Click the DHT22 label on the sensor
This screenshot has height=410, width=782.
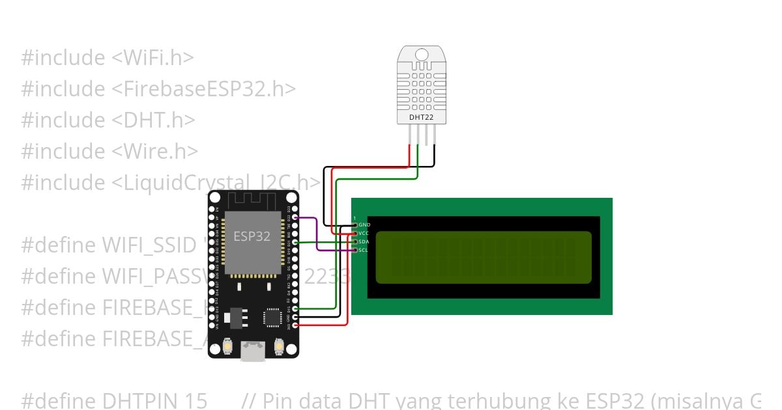(x=422, y=118)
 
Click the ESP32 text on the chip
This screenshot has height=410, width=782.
(x=252, y=236)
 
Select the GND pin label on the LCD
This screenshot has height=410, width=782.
(x=364, y=225)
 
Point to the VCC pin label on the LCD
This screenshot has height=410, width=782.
(x=364, y=233)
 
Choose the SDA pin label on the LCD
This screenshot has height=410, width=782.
(x=364, y=241)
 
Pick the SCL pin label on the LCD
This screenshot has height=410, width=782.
(x=364, y=250)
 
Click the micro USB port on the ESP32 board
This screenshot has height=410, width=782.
(x=253, y=351)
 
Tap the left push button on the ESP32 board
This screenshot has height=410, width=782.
(x=228, y=346)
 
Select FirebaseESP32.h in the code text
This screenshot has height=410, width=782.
(x=209, y=89)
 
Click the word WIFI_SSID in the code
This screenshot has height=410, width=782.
(x=149, y=245)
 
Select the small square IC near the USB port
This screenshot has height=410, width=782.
(x=272, y=317)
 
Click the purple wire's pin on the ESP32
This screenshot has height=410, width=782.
(x=296, y=217)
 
